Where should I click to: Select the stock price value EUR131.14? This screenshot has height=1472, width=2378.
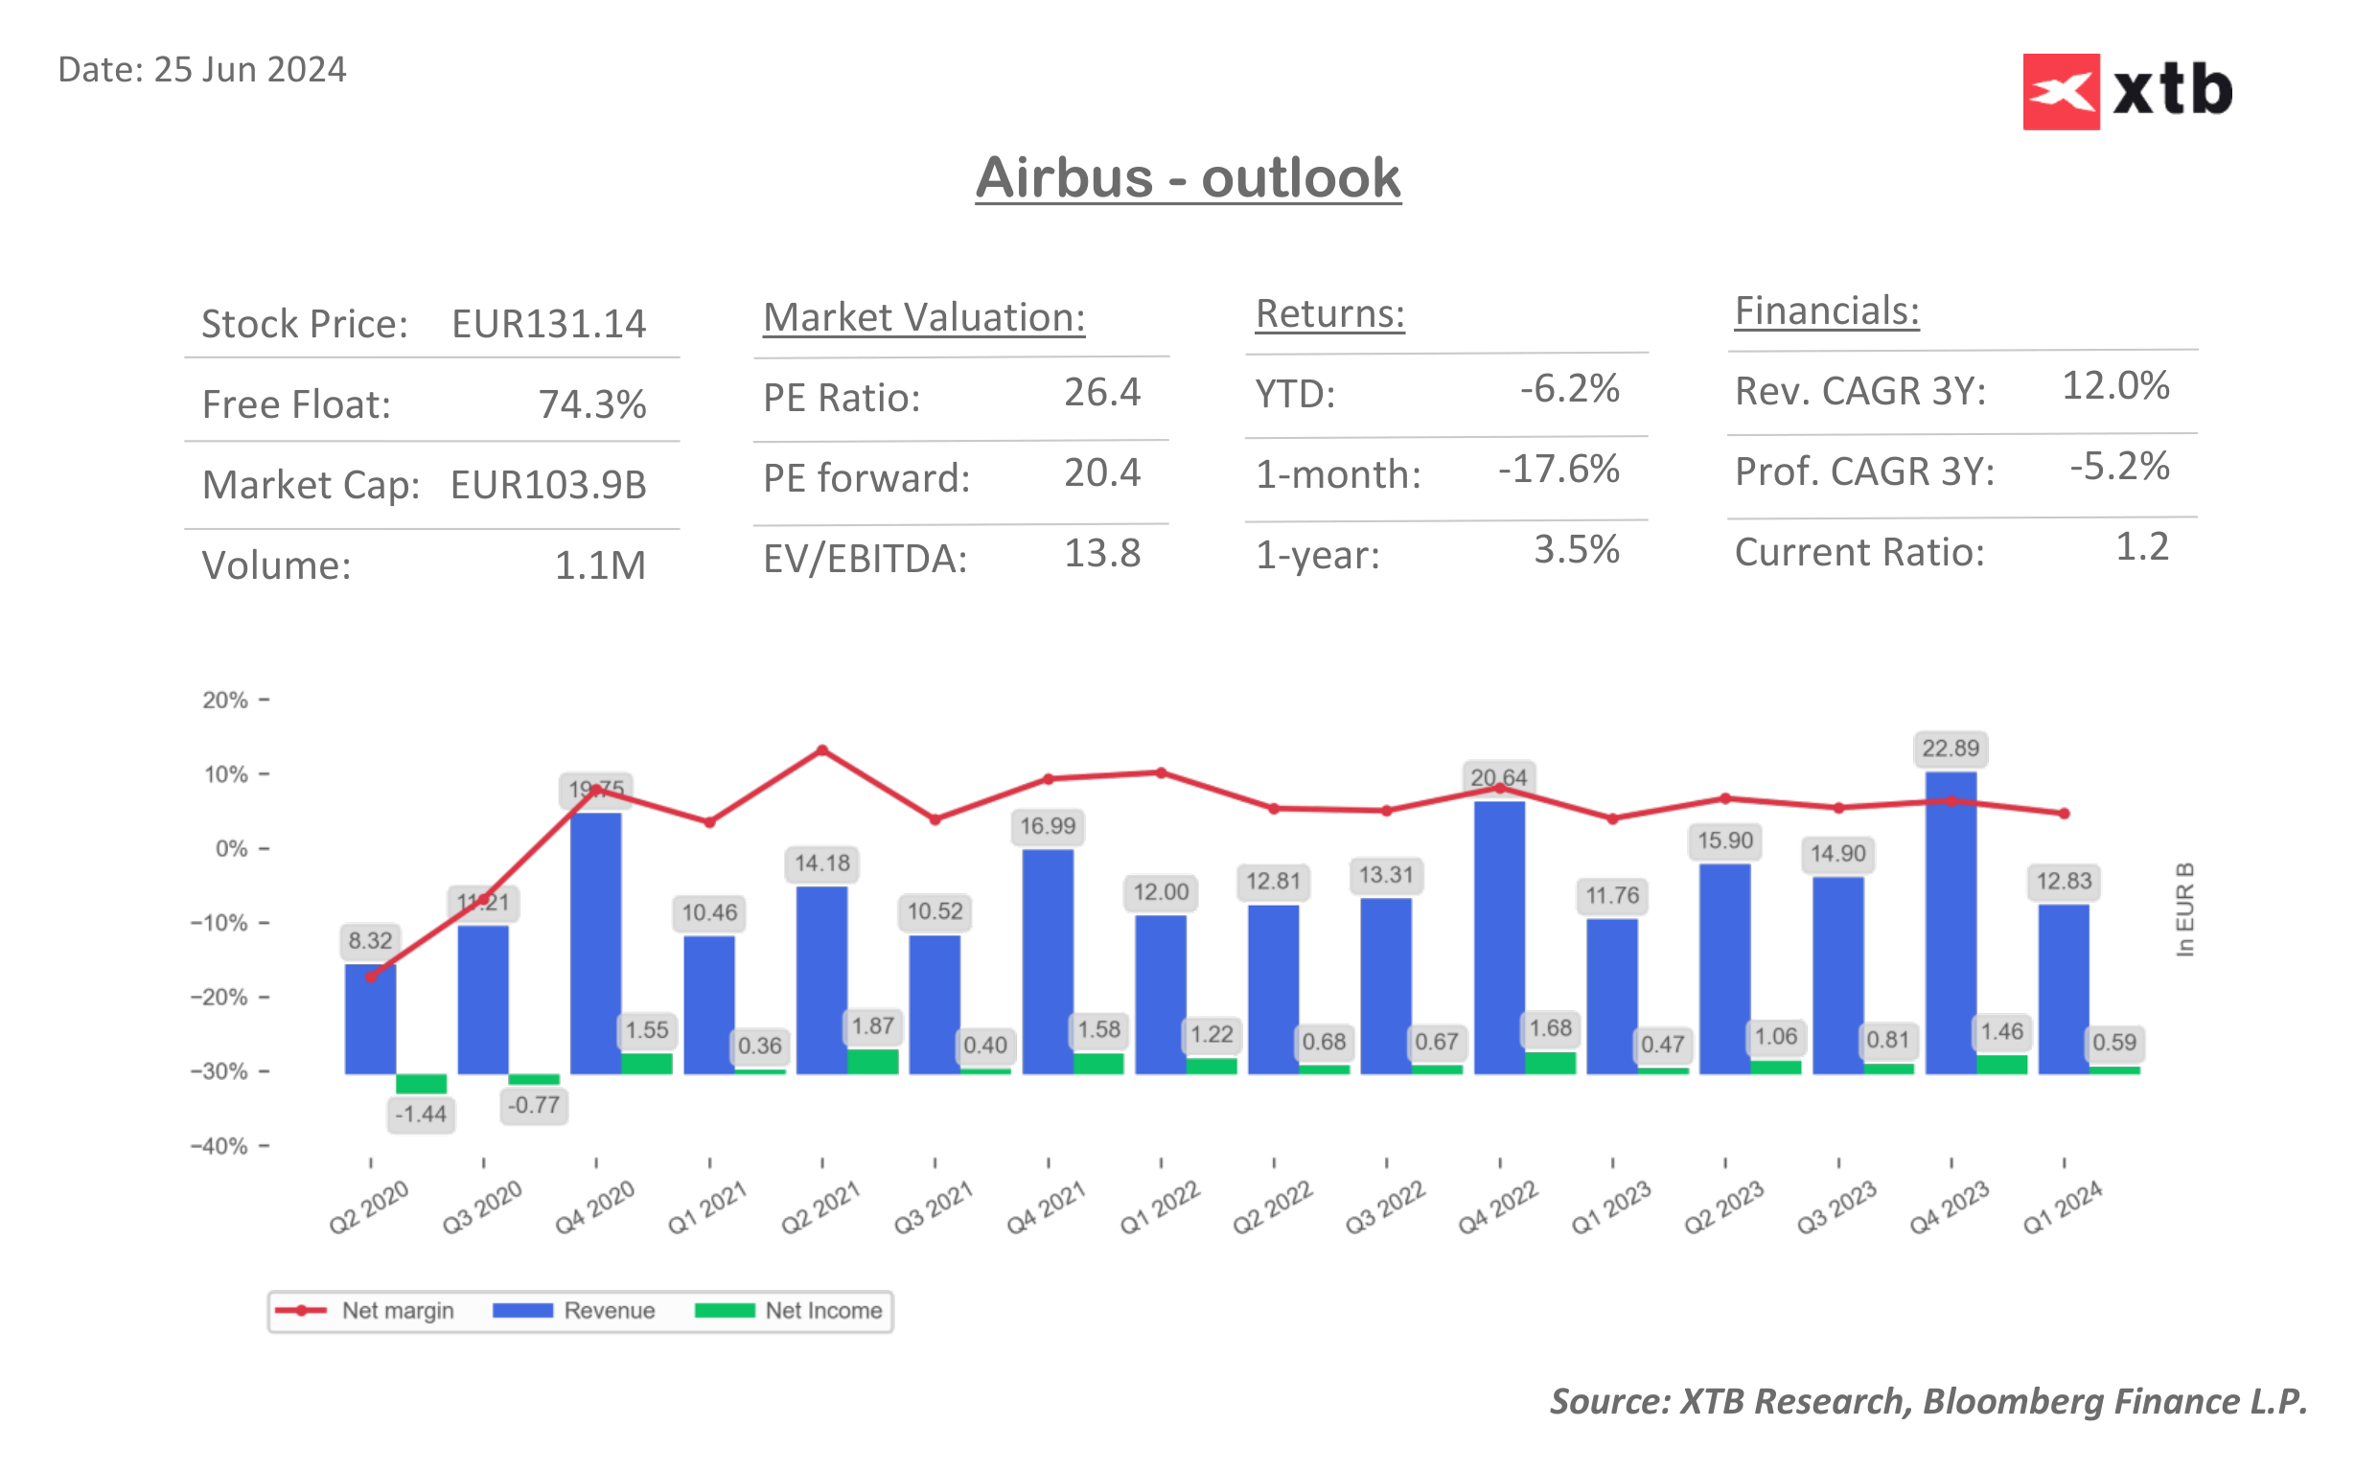[548, 324]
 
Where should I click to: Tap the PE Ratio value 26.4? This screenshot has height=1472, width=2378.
[1101, 392]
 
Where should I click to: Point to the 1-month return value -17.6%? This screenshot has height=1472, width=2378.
[1558, 470]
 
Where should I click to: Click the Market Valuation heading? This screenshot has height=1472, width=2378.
[923, 317]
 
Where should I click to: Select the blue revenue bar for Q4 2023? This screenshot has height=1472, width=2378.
[1950, 925]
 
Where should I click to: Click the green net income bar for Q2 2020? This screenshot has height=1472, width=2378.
[421, 1083]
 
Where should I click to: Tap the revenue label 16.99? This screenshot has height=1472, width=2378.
[1047, 826]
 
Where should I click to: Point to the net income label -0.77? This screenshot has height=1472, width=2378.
[533, 1105]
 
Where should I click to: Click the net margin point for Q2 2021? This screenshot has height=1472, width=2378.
[821, 750]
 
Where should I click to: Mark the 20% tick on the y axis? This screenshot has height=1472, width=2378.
[225, 700]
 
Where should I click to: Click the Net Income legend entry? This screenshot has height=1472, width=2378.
[789, 1310]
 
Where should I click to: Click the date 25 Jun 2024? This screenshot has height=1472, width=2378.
[201, 70]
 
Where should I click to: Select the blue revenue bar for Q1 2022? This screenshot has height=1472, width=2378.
[1160, 995]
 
